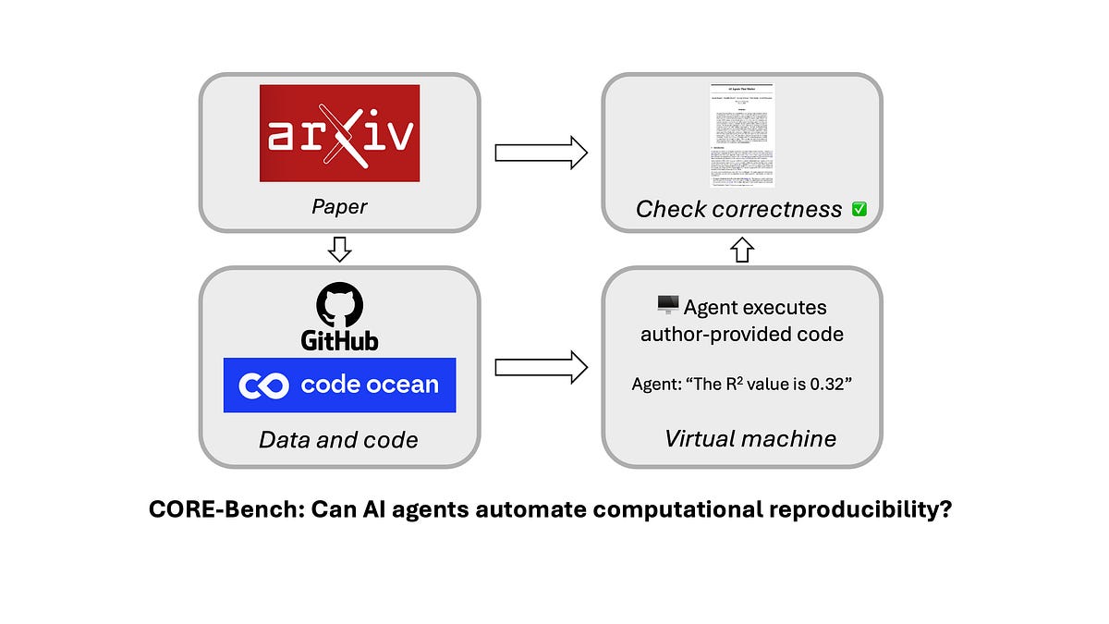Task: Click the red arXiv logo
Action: [339, 133]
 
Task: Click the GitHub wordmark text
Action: [339, 340]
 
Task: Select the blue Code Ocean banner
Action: [339, 385]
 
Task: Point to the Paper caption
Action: [339, 205]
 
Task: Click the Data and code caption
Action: [338, 440]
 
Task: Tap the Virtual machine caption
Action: [750, 438]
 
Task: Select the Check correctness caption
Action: [738, 210]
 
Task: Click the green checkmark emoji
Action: [859, 210]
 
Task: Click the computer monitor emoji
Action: [666, 305]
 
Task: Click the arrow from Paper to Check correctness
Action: [541, 153]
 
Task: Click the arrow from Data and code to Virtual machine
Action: [541, 367]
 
